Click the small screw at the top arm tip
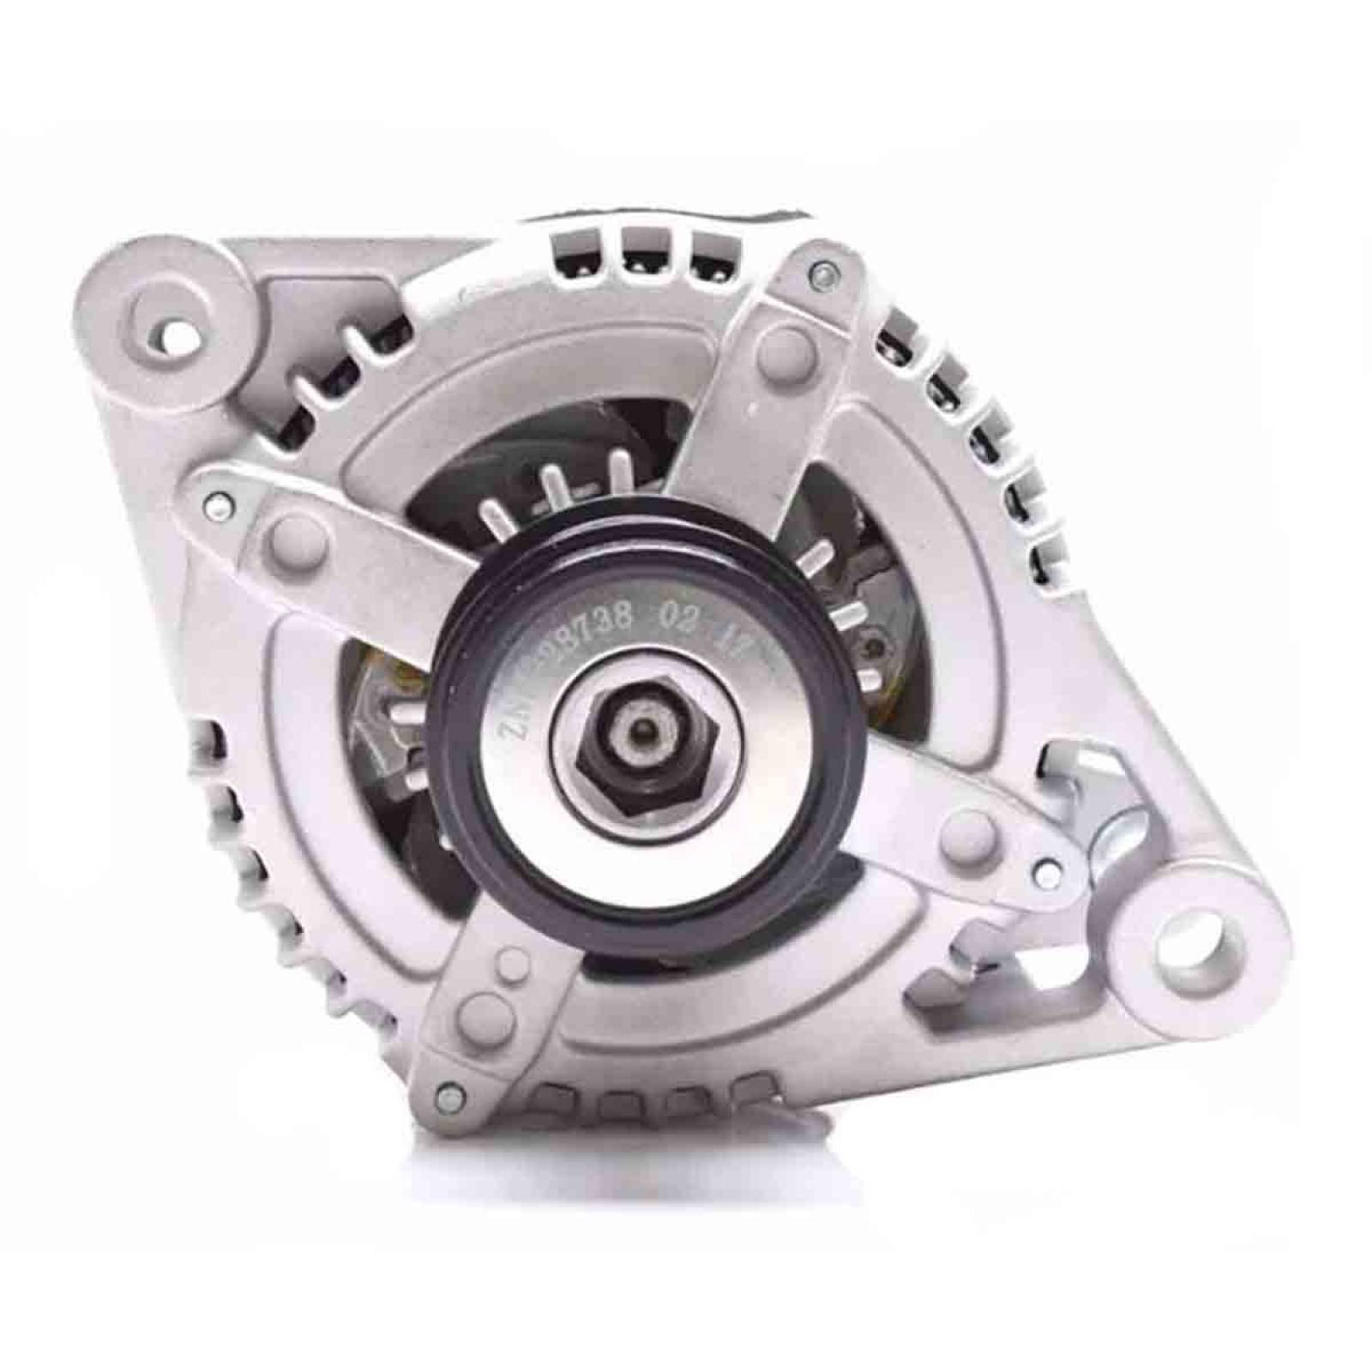pos(821,275)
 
